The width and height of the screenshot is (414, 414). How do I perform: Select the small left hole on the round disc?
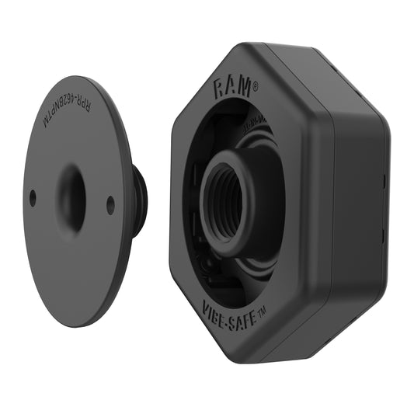pos(33,198)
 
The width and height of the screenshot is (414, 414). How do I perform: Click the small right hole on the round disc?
pos(110,205)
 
